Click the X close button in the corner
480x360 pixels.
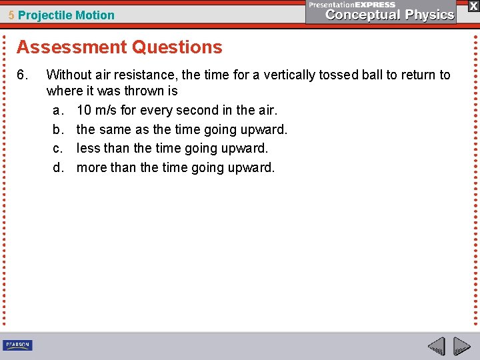pos(473,5)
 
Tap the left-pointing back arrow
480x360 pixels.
pos(436,346)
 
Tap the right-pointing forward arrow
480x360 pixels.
pos(461,346)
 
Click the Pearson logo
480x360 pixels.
pos(17,345)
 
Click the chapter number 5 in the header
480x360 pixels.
pos(11,15)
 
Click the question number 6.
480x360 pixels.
pos(21,75)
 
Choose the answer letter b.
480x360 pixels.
pos(57,129)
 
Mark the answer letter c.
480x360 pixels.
pos(57,148)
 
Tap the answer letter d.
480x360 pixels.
pos(57,167)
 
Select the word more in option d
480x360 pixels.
pos(91,167)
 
